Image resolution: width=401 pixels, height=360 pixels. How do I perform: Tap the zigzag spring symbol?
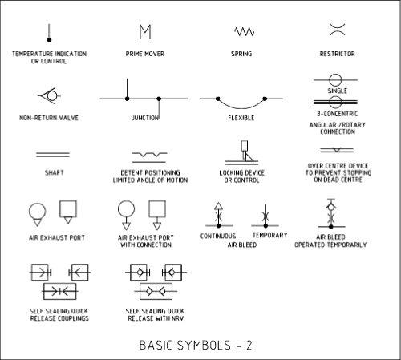click(x=245, y=31)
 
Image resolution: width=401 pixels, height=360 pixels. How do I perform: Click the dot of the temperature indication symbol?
click(x=49, y=40)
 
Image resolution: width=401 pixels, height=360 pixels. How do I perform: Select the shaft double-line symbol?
click(x=53, y=155)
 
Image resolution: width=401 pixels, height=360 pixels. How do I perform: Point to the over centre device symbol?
click(x=337, y=150)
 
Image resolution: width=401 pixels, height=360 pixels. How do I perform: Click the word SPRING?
click(x=241, y=54)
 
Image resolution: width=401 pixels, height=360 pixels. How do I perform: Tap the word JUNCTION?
click(x=145, y=118)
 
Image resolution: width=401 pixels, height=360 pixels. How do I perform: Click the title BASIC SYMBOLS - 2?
click(x=196, y=345)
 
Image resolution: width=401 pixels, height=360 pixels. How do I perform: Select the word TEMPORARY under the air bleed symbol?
click(x=270, y=235)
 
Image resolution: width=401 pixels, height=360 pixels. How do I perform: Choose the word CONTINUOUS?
click(x=218, y=236)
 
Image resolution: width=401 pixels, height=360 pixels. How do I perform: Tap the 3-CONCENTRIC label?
click(x=338, y=114)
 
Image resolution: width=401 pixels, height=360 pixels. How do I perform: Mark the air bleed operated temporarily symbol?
click(x=331, y=213)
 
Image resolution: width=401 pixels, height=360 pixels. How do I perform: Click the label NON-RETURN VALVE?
click(x=49, y=118)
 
